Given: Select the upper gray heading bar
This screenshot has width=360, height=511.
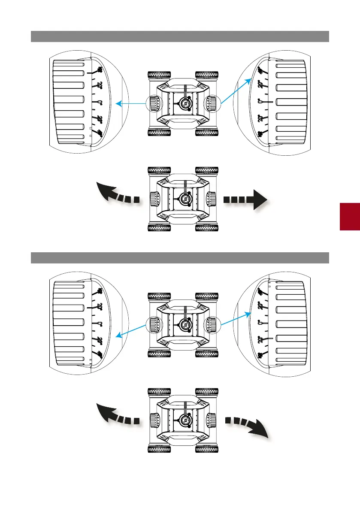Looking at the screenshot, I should (x=180, y=36).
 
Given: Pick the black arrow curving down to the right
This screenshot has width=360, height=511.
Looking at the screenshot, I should (x=248, y=426).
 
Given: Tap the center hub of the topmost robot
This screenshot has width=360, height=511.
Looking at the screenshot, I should (x=185, y=103).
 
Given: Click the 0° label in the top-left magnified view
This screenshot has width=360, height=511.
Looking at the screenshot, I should (x=99, y=103).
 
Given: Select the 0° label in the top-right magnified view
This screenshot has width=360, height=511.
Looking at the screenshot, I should (x=260, y=102).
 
